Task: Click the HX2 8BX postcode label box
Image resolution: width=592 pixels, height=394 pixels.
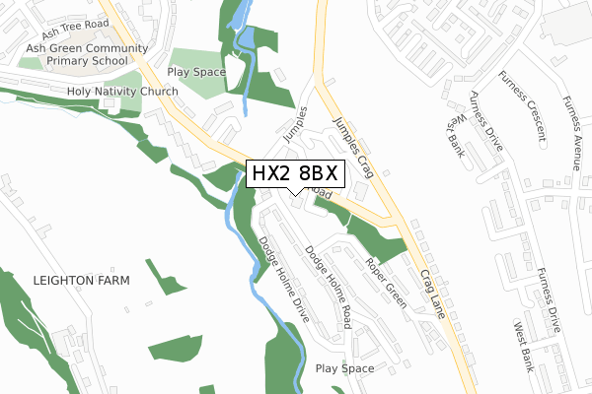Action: point(296,174)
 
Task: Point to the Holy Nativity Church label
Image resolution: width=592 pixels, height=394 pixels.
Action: point(121,92)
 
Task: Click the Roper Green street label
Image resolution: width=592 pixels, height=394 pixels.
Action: point(386,284)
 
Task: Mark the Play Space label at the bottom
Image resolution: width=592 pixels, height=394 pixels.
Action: point(344,368)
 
